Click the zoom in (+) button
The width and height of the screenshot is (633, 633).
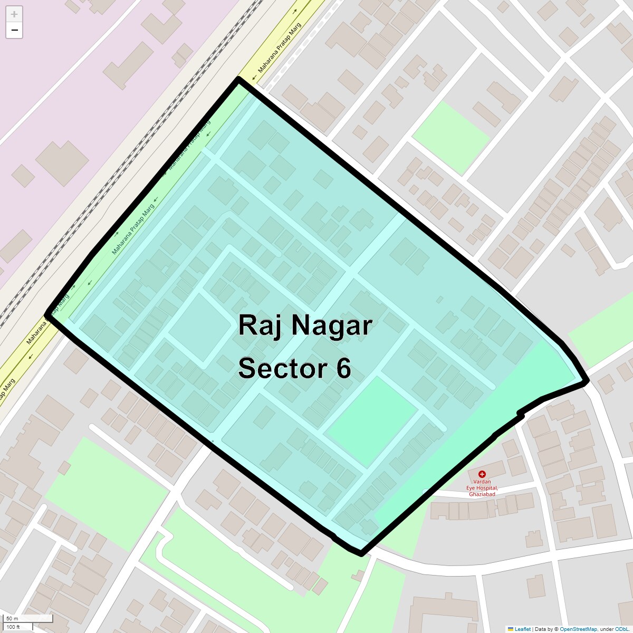[14, 14]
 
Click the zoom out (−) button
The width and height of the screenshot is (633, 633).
[14, 30]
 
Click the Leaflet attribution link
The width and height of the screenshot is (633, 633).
[522, 629]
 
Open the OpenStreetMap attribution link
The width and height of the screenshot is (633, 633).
[578, 629]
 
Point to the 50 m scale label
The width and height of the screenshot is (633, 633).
[13, 618]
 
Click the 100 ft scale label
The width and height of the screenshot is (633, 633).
[13, 627]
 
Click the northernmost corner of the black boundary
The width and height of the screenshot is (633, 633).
[238, 79]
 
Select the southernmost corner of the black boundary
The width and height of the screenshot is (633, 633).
[361, 553]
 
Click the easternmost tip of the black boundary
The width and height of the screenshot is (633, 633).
[586, 380]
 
